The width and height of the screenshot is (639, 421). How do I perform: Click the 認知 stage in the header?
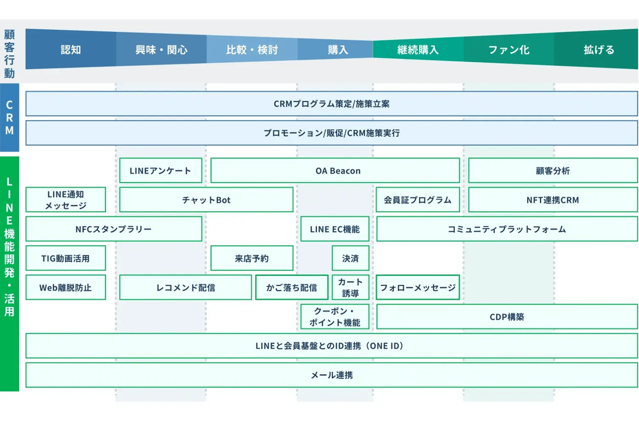coord(71,50)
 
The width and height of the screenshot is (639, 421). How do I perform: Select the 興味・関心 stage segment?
coord(161,50)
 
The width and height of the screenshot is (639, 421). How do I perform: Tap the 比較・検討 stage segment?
coord(252,50)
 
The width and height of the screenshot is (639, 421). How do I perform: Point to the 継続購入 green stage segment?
coord(418,50)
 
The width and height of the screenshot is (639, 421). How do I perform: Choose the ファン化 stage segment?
coord(509,50)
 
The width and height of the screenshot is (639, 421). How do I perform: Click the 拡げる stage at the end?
coord(599,50)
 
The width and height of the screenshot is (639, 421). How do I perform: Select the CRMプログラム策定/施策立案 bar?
coord(331,104)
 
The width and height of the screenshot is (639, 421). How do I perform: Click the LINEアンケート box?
coord(160,171)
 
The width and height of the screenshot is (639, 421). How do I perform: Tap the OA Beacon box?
coord(335,171)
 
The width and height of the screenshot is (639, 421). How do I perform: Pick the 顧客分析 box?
coord(553,171)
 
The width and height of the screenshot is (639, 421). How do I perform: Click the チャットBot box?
coord(206,200)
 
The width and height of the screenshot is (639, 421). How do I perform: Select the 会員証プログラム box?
coord(417,200)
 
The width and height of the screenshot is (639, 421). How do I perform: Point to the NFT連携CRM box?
coord(553,200)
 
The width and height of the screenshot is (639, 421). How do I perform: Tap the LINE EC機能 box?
coord(334,229)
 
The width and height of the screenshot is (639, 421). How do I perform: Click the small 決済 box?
coord(350,258)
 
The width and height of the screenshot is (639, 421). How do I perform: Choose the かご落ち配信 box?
coord(291,288)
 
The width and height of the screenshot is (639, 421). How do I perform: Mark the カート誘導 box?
coord(350,288)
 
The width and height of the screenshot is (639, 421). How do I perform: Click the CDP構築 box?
coord(506,317)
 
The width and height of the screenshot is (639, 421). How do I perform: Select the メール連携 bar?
coord(331,375)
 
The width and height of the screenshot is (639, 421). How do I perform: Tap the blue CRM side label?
coord(10,117)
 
